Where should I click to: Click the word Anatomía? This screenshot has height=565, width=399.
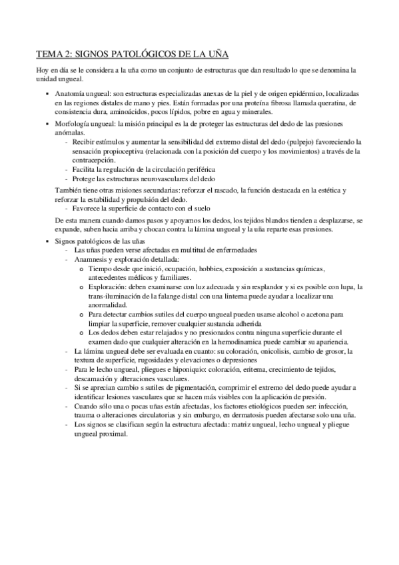(71, 94)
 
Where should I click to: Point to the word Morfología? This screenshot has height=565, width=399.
(73, 124)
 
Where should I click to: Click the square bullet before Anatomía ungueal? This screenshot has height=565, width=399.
(48, 94)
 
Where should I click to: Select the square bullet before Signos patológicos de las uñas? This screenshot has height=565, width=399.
(48, 239)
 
